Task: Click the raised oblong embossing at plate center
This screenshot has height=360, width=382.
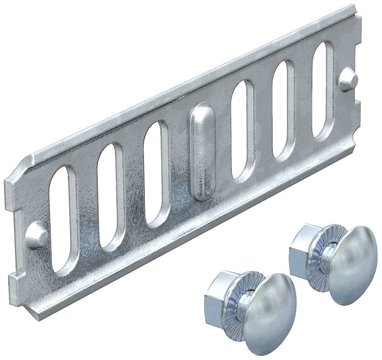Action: click(201, 152)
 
